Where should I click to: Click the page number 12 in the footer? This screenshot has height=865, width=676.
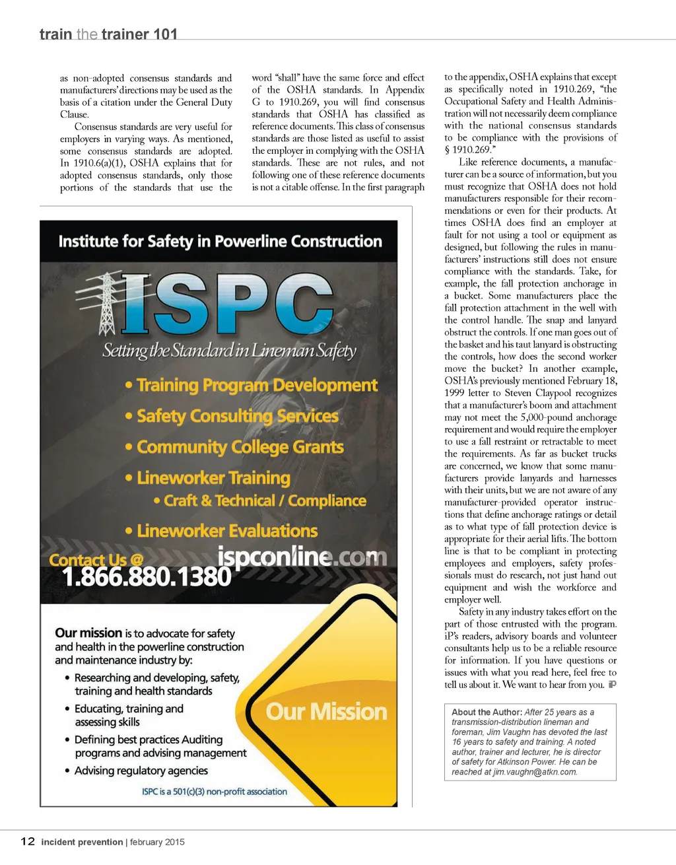click(28, 841)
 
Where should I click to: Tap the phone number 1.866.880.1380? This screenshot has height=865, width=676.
click(147, 576)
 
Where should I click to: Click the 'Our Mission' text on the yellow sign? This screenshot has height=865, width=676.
click(326, 711)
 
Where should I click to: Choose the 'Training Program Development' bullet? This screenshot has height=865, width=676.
click(257, 385)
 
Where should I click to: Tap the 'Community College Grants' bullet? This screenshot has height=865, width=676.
click(240, 447)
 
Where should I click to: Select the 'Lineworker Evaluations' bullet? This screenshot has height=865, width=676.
click(227, 531)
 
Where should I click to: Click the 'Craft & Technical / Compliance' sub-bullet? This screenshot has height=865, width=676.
click(265, 501)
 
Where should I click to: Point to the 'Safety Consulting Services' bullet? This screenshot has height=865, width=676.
click(237, 416)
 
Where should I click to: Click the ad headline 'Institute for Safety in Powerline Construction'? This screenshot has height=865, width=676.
click(220, 242)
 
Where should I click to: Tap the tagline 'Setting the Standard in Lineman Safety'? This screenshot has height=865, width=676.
click(229, 350)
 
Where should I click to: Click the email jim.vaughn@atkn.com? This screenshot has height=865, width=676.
click(535, 771)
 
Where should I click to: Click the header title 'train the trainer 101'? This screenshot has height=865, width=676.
click(108, 34)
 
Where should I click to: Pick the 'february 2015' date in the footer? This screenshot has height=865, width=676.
click(157, 842)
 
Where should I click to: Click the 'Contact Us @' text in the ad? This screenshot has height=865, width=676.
click(96, 560)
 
